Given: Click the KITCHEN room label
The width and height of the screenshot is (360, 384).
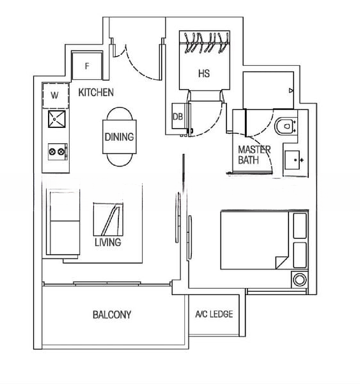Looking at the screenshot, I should pos(96,93).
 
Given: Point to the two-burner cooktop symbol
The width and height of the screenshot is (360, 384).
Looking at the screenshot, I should pos(57,152).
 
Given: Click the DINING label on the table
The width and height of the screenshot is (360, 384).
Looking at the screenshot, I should pos(119,137).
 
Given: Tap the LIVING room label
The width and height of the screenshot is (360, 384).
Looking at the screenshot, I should pos(107,243).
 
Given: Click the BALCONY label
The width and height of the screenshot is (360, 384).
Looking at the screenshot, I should pos(112,315).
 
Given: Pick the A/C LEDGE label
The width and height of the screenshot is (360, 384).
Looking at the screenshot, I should pos(214,314).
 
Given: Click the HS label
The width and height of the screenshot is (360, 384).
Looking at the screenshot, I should pos(203,74).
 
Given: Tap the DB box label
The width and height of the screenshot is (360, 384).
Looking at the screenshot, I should pos(178,117).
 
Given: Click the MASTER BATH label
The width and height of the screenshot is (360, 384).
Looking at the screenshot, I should pos(254,154).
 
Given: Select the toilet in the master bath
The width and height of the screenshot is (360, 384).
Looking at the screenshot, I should pos(285,127).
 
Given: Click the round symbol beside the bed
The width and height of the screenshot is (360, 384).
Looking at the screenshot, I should pos(299,280).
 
